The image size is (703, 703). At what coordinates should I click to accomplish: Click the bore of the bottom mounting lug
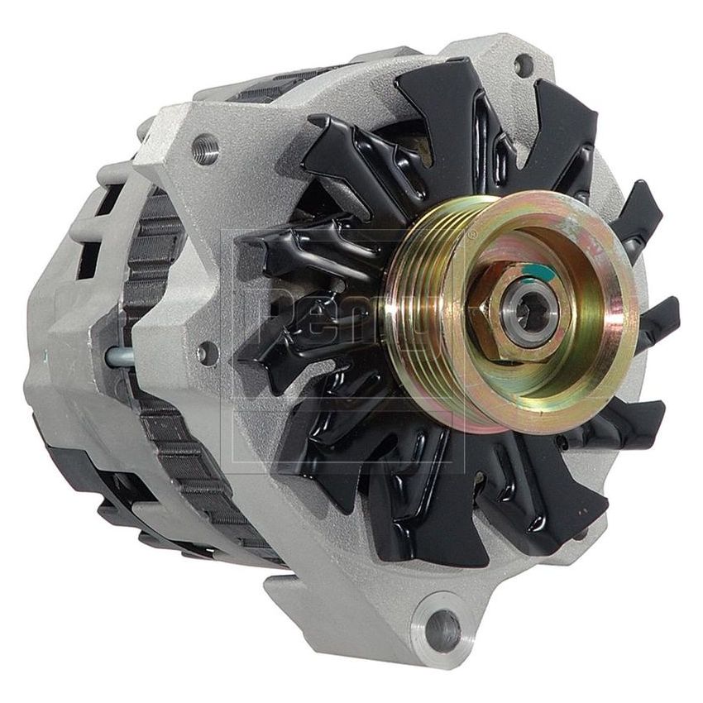point(443,630)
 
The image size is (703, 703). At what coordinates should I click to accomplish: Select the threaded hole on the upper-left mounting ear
point(206,150)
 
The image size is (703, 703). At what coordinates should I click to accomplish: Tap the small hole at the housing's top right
point(523,64)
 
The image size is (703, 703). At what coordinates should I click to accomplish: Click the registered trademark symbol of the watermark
point(472,236)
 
